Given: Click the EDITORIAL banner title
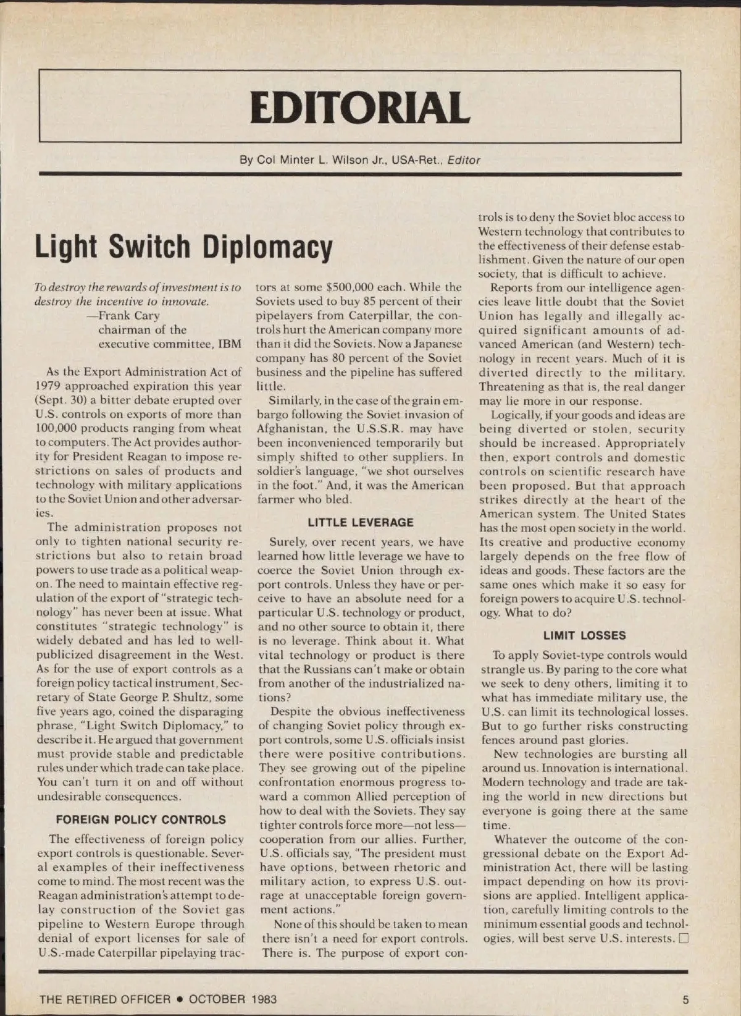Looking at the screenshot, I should click(360, 107).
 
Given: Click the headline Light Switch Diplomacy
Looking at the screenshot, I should click(184, 247).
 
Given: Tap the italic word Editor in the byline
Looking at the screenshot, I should click(464, 160).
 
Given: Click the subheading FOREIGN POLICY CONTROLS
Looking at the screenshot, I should click(141, 819).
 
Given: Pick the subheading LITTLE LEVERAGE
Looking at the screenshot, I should click(361, 522).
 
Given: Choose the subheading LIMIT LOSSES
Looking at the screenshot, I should click(584, 635).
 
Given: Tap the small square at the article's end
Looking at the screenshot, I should click(683, 939).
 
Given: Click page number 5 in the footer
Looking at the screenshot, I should click(685, 999).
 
